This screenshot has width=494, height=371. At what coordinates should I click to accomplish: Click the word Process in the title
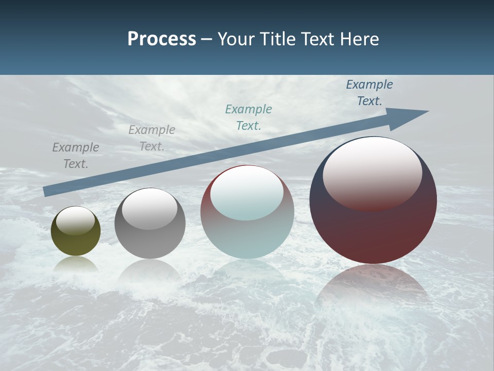(x=162, y=39)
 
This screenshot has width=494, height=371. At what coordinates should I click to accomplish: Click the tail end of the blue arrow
(x=46, y=192)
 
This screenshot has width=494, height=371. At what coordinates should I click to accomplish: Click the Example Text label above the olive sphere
(x=76, y=156)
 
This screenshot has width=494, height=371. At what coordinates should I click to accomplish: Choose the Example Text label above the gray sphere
(x=152, y=138)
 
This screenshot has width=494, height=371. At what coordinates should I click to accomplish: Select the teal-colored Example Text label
(x=249, y=117)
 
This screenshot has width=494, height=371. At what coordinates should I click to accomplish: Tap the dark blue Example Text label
(x=369, y=93)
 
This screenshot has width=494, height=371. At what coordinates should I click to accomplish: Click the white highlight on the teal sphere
(x=246, y=193)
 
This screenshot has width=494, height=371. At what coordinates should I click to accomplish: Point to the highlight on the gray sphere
(x=149, y=209)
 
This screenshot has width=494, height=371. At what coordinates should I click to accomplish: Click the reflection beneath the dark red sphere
(x=373, y=289)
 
